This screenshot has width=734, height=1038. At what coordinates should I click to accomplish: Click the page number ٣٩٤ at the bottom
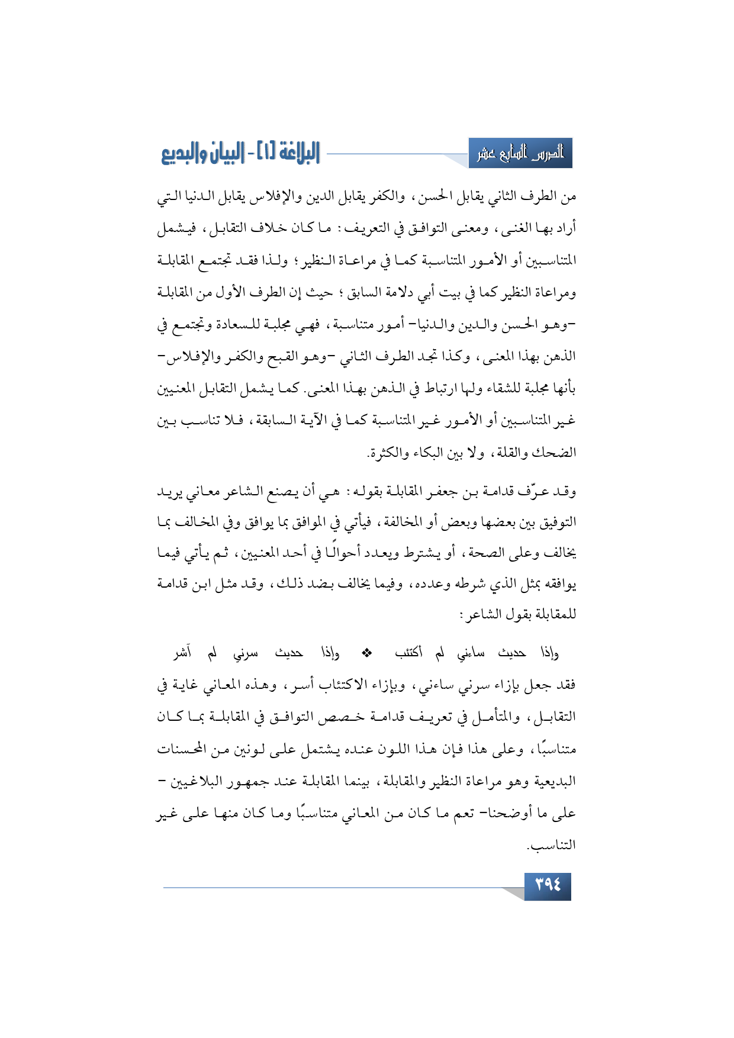pos(548,885)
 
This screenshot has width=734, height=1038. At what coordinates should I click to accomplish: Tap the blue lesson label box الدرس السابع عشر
pos(520,154)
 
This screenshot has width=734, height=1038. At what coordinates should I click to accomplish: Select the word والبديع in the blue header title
pos(184,154)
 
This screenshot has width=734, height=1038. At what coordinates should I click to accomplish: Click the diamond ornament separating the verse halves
pos(367,653)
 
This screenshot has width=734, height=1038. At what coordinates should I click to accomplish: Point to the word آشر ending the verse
pos(182,653)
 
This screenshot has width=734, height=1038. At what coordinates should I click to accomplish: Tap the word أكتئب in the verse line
pos(408,653)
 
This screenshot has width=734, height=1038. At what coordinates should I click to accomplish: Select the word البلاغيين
pos(201,781)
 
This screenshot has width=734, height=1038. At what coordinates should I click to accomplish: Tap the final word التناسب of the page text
pos(553,845)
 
